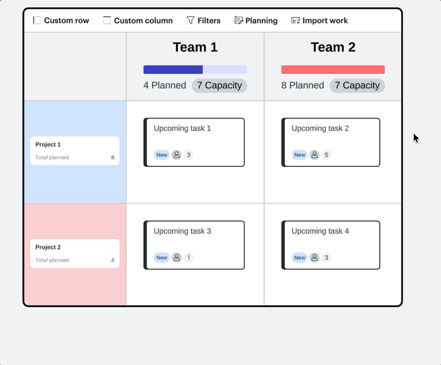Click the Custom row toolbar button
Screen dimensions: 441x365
pyautogui.click(x=61, y=21)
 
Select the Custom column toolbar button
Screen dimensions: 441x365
pyautogui.click(x=138, y=21)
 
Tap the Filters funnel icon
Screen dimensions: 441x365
pyautogui.click(x=191, y=20)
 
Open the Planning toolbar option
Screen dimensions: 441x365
pyautogui.click(x=256, y=21)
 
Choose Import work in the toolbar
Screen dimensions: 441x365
pyautogui.click(x=320, y=21)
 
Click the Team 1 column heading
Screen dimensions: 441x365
pyautogui.click(x=195, y=47)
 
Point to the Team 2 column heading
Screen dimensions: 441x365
pyautogui.click(x=333, y=47)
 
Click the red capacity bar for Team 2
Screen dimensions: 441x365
pyautogui.click(x=333, y=70)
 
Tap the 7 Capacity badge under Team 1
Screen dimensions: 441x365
pyautogui.click(x=219, y=85)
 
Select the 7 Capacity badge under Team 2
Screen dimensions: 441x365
pyautogui.click(x=357, y=85)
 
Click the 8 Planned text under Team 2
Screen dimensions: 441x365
pyautogui.click(x=303, y=85)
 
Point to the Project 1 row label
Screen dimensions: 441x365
pyautogui.click(x=48, y=144)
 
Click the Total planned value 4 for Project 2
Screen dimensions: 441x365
pyautogui.click(x=113, y=260)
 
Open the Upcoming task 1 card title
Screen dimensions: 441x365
pyautogui.click(x=182, y=128)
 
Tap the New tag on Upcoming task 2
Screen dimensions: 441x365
pyautogui.click(x=300, y=155)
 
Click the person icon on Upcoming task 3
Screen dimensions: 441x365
pyautogui.click(x=177, y=257)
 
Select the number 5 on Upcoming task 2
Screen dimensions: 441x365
pyautogui.click(x=326, y=155)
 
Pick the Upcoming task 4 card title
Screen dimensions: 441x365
pyautogui.click(x=320, y=231)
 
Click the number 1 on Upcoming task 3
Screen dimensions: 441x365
pyautogui.click(x=188, y=258)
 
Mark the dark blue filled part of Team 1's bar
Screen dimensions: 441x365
pyautogui.click(x=173, y=70)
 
